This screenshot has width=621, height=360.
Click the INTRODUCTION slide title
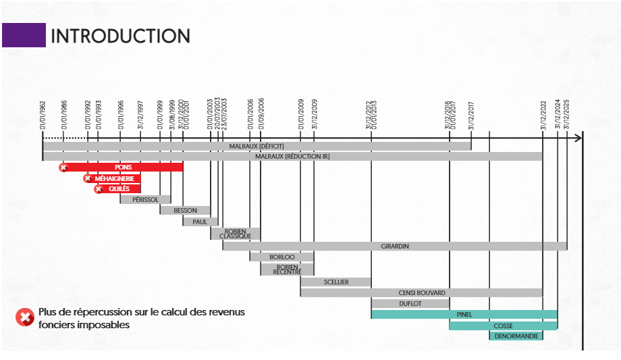tap(121, 36)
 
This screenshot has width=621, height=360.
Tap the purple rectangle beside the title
tap(24, 35)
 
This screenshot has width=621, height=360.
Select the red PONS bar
tap(123, 167)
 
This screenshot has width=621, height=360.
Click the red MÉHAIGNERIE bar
tap(113, 178)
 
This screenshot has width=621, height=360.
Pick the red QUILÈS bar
tap(119, 188)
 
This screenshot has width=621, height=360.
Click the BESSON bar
tap(185, 211)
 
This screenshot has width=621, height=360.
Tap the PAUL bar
tap(200, 222)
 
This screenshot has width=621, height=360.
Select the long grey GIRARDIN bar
tap(395, 247)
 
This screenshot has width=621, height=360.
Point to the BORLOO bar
tap(282, 257)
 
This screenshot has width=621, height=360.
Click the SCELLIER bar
tap(335, 282)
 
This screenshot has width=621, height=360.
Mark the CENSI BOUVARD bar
tap(421, 292)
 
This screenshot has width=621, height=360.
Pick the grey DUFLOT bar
tap(410, 304)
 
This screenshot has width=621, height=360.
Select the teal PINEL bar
tap(464, 314)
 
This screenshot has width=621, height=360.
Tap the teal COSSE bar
tap(503, 326)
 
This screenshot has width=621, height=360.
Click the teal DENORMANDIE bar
tap(516, 336)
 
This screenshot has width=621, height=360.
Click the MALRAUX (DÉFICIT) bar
tap(256, 146)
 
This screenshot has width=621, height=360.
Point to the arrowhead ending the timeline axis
tap(577, 138)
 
